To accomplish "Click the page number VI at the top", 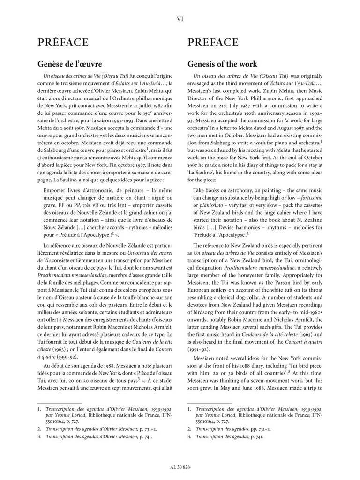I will [x=180, y=19].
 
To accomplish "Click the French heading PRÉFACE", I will [x=63, y=43].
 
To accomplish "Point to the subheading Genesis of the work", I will [x=222, y=63].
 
